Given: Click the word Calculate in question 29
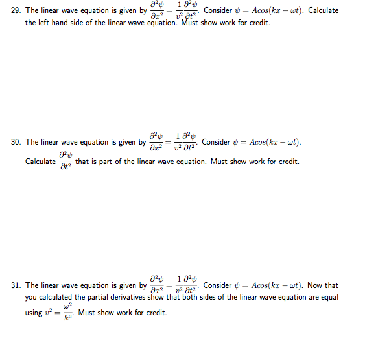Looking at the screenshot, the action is pyautogui.click(x=323, y=11).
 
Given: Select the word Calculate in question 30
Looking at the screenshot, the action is pyautogui.click(x=40, y=162).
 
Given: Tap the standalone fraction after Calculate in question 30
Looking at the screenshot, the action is pyautogui.click(x=65, y=162).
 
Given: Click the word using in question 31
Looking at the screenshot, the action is pyautogui.click(x=35, y=313).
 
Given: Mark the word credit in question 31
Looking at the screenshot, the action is pyautogui.click(x=156, y=313).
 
